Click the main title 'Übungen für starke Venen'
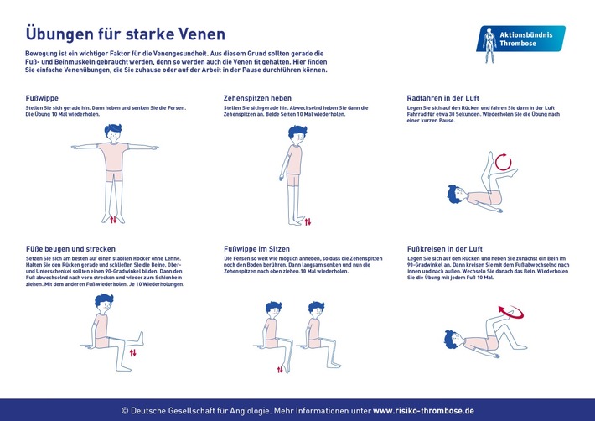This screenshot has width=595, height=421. click(x=126, y=34)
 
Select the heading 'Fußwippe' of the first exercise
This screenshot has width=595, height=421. click(x=43, y=98)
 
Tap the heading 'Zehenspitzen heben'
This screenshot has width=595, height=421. click(x=258, y=98)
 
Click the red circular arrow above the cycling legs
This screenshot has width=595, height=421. click(x=503, y=161)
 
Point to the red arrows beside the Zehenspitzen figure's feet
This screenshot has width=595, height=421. click(x=308, y=221)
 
